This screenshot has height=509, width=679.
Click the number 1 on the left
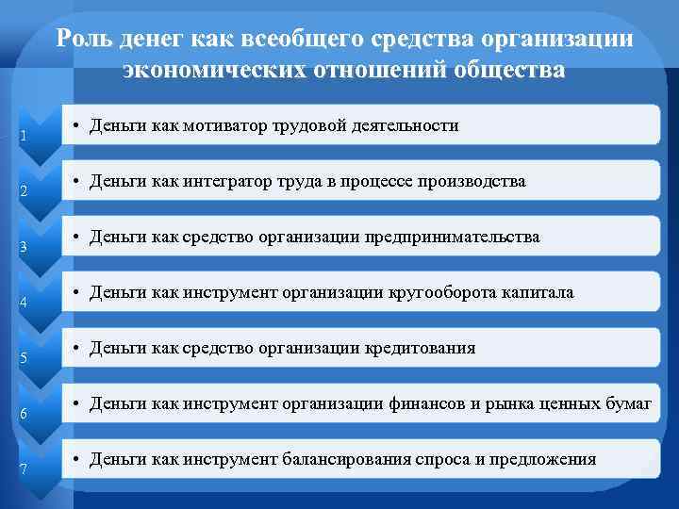coord(23,137)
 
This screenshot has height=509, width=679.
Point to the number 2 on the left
coord(23,193)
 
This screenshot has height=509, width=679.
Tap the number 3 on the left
coord(23,249)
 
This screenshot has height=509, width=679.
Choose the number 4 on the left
coord(23,304)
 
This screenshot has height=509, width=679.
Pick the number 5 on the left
coord(23,359)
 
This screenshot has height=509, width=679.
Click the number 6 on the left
coord(23,414)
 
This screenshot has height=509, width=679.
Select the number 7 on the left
coord(23,469)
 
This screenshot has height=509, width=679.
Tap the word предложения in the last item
coord(546,460)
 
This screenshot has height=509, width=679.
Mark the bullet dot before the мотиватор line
coord(75,126)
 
